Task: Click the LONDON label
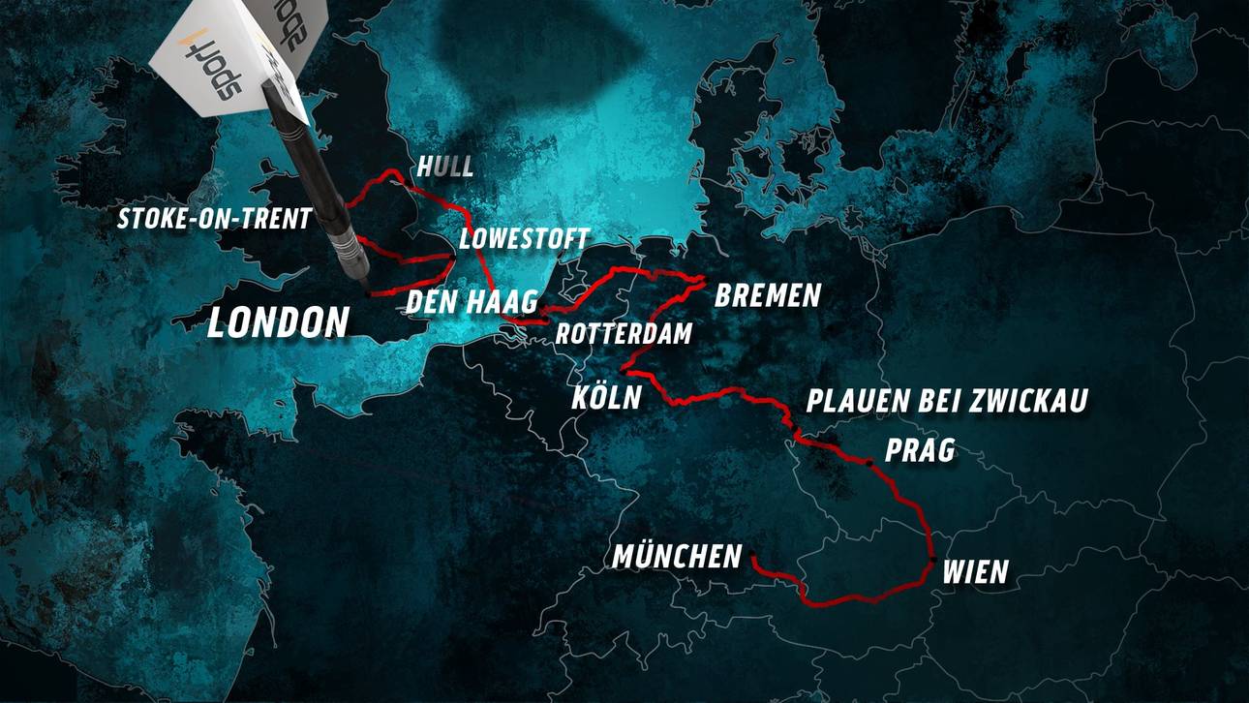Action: pos(278,322)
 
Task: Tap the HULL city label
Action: pos(445,167)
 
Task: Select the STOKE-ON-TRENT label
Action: pos(214,219)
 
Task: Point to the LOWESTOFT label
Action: pos(524,239)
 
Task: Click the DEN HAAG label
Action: pos(472,301)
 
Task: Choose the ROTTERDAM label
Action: pos(624,334)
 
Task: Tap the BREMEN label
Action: pos(767,295)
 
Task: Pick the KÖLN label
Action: pos(606,397)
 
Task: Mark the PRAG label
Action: pos(920,450)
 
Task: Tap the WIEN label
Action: pos(975,572)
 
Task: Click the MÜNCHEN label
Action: pos(677,557)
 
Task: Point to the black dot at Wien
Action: pos(931,561)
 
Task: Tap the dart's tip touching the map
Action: pos(367,290)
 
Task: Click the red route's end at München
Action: pos(752,558)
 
